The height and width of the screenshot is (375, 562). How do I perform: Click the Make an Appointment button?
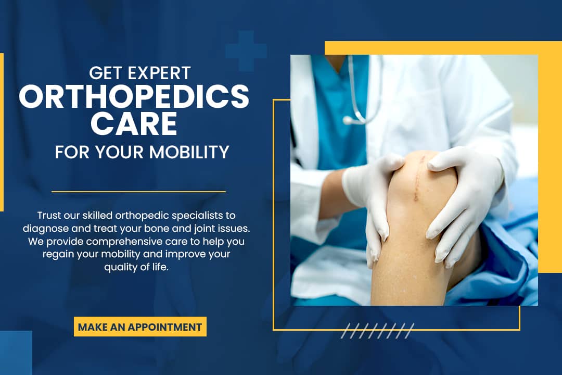pyautogui.click(x=140, y=327)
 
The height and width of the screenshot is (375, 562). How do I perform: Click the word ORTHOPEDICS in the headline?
pyautogui.click(x=134, y=96)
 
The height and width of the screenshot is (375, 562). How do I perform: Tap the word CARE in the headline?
pyautogui.click(x=134, y=123)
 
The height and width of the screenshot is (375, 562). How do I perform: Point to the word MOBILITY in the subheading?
pyautogui.click(x=189, y=152)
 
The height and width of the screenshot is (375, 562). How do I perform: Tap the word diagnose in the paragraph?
pyautogui.click(x=45, y=229)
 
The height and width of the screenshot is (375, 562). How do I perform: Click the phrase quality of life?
pyautogui.click(x=136, y=267)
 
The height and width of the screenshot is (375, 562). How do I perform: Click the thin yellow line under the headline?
pyautogui.click(x=139, y=192)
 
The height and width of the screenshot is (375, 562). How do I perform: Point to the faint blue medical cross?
pyautogui.click(x=246, y=51)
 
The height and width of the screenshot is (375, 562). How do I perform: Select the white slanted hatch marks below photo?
pyautogui.click(x=377, y=331)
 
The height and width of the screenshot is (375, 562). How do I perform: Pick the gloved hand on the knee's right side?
pyautogui.click(x=463, y=201)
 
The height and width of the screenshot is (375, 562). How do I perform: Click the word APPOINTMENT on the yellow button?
pyautogui.click(x=165, y=327)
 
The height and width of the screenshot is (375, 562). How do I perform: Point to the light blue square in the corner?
pyautogui.click(x=16, y=353)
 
